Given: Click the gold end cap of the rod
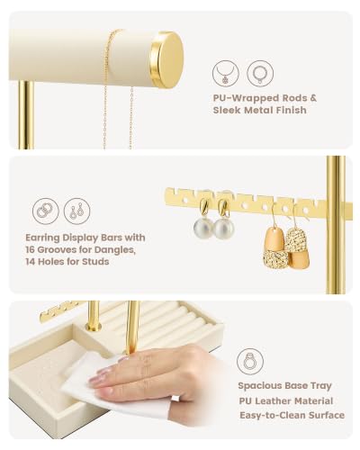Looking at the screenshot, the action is pos(166,59).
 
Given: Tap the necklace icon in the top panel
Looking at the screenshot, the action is pos(226,74).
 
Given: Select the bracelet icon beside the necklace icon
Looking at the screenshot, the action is pos(260,74).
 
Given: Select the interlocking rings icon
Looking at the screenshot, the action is pos(46,211).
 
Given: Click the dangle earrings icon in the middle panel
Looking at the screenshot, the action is pos(76,211).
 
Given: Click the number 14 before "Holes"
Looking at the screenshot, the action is pos(31,262).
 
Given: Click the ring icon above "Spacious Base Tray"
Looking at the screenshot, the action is pos(250,362).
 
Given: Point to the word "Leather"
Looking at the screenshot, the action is pos(274,400).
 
